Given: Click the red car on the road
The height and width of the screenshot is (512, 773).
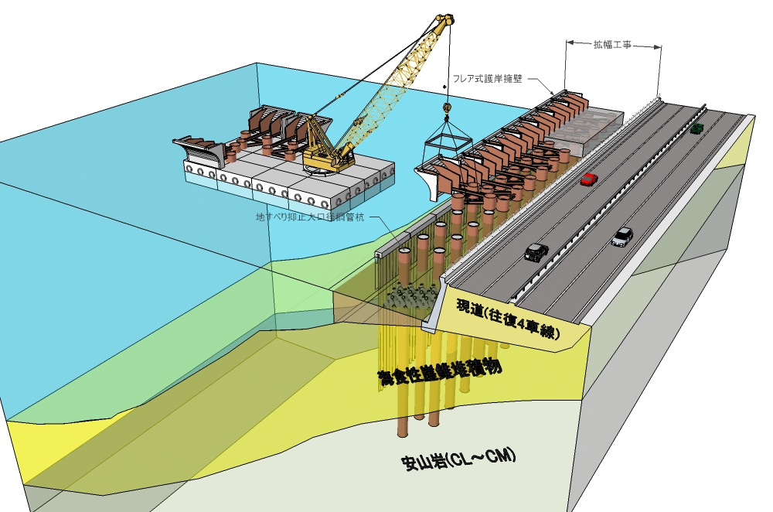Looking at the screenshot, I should point(589,179).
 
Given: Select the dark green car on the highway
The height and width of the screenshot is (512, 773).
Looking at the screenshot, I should point(696,128).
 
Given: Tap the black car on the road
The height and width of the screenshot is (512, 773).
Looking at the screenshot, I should point(535,251).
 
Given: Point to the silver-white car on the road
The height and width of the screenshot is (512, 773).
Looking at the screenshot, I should point(621,237).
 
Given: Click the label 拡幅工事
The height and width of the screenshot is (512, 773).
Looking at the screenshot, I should point(612,45).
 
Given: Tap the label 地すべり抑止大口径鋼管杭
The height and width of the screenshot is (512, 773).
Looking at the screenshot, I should point(311,217).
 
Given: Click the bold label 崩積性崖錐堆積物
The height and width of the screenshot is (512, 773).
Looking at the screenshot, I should point(437,371).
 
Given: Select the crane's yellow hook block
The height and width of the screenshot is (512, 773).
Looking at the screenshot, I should point(446,109).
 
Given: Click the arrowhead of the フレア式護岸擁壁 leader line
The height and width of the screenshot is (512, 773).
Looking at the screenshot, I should point(552,94).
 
